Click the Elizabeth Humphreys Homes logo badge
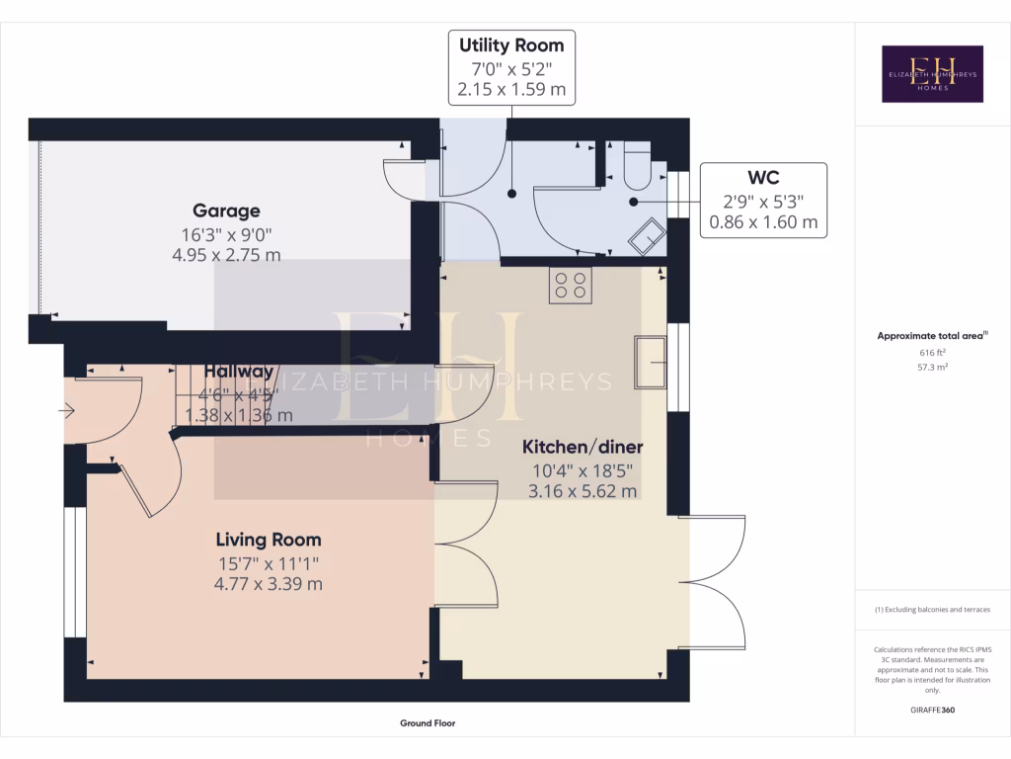pyautogui.click(x=932, y=74)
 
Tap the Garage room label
pyautogui.click(x=226, y=211)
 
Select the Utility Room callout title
pyautogui.click(x=511, y=45)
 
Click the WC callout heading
pyautogui.click(x=763, y=178)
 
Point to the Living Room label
pyautogui.click(x=269, y=540)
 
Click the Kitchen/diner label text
pyautogui.click(x=583, y=447)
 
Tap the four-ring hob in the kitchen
pyautogui.click(x=571, y=285)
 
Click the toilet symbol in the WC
pyautogui.click(x=636, y=164)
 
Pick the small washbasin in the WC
pyautogui.click(x=649, y=237)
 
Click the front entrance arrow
pyautogui.click(x=67, y=410)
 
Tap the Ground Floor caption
pyautogui.click(x=428, y=723)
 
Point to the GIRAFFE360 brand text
pyautogui.click(x=932, y=710)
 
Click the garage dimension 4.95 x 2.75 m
pyautogui.click(x=226, y=255)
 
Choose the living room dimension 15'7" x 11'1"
pyautogui.click(x=269, y=563)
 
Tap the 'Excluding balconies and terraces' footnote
pyautogui.click(x=932, y=609)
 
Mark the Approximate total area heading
pyautogui.click(x=932, y=336)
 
